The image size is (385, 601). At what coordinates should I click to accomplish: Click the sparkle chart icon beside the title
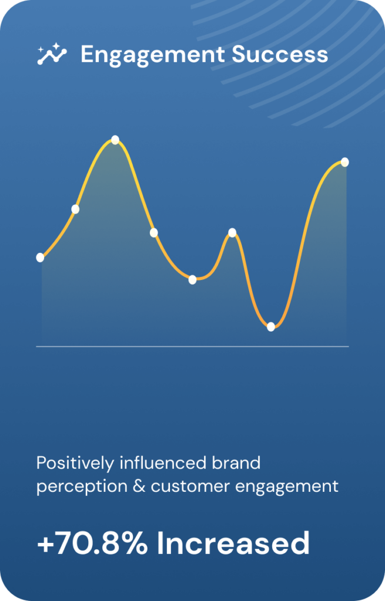(52, 53)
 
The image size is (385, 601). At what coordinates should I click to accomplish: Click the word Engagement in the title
(152, 55)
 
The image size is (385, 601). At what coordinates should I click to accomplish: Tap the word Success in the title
(280, 55)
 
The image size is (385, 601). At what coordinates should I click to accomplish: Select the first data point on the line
(40, 258)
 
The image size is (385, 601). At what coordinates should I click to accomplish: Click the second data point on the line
(75, 210)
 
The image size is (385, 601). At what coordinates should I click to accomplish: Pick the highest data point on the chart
(115, 140)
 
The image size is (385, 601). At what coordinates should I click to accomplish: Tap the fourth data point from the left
(153, 232)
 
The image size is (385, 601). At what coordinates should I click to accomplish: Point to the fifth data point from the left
(192, 280)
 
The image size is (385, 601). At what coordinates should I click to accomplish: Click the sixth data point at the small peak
(232, 232)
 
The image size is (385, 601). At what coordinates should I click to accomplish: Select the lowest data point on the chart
(271, 327)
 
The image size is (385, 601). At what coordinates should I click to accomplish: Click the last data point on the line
(344, 162)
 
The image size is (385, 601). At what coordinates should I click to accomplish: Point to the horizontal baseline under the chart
(192, 346)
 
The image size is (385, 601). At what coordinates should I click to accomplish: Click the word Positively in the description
(75, 464)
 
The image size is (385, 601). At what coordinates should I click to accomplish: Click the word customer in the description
(190, 487)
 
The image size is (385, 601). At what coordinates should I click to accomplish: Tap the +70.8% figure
(92, 543)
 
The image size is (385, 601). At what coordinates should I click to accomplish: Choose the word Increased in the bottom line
(233, 543)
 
